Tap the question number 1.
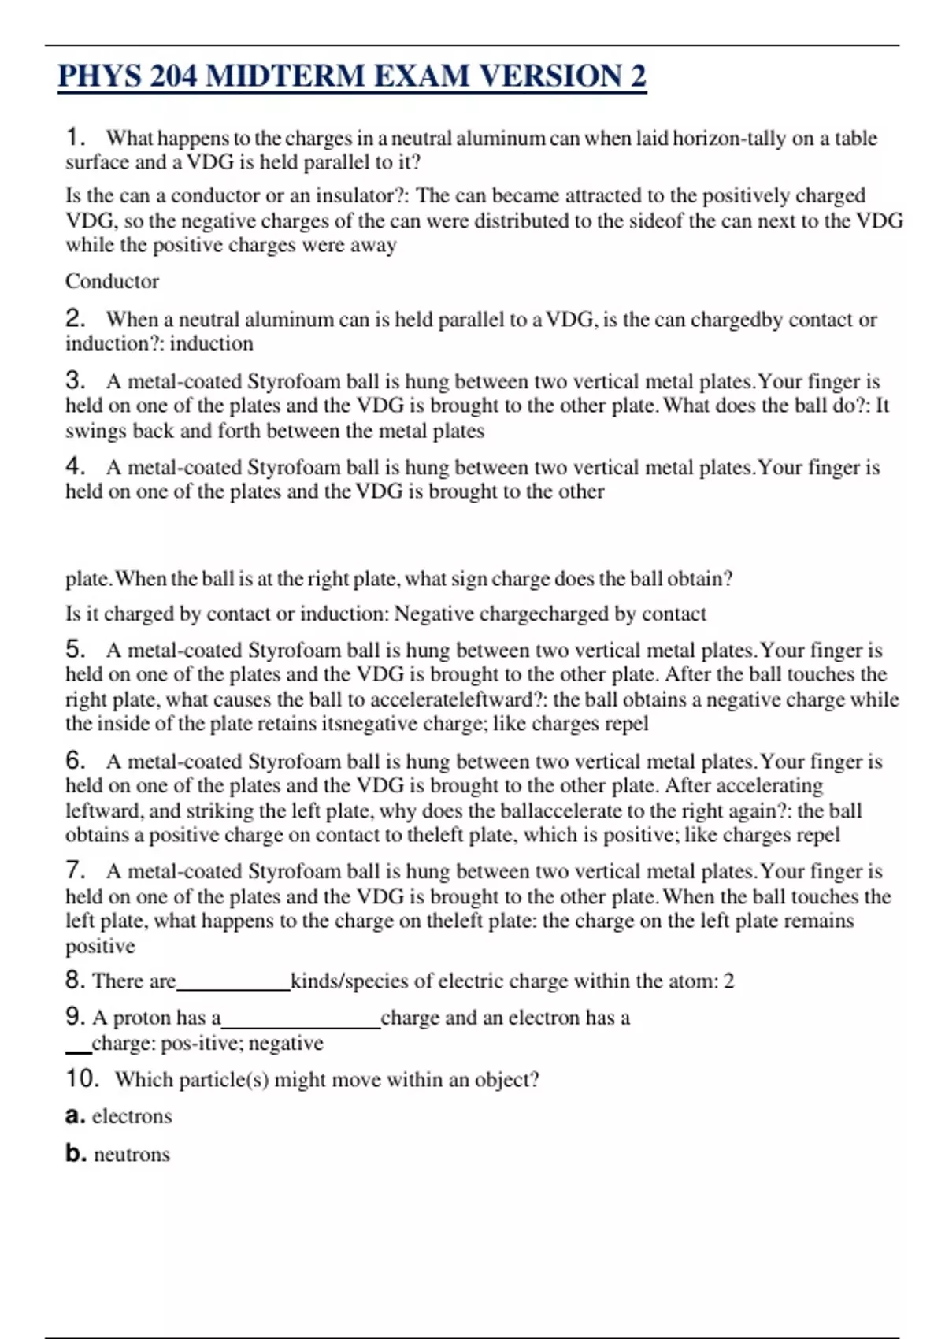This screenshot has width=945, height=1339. [x=75, y=137]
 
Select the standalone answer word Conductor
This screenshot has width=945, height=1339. [x=112, y=281]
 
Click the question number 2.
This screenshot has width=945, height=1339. [x=75, y=318]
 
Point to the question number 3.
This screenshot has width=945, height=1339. [x=75, y=380]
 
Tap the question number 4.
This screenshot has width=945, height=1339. [x=75, y=466]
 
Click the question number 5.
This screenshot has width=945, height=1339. [x=75, y=649]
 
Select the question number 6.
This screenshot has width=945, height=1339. [x=75, y=760]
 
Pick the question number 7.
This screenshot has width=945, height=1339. [x=75, y=870]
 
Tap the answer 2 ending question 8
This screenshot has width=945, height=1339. [x=728, y=981]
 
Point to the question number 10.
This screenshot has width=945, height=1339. [x=82, y=1078]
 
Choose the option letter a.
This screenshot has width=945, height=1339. [x=75, y=1116]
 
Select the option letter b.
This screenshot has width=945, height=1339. [x=75, y=1153]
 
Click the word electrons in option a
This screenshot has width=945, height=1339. [x=132, y=1116]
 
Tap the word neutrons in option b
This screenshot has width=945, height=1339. [x=132, y=1154]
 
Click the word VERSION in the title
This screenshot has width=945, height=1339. [x=550, y=76]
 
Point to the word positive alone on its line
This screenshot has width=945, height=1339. [x=100, y=945]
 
